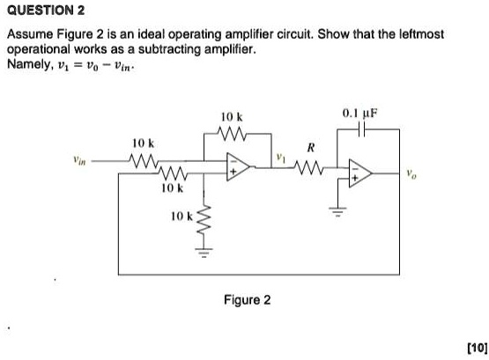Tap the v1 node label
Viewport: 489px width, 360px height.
pyautogui.click(x=281, y=159)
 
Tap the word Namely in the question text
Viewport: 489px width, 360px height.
pyautogui.click(x=29, y=64)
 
